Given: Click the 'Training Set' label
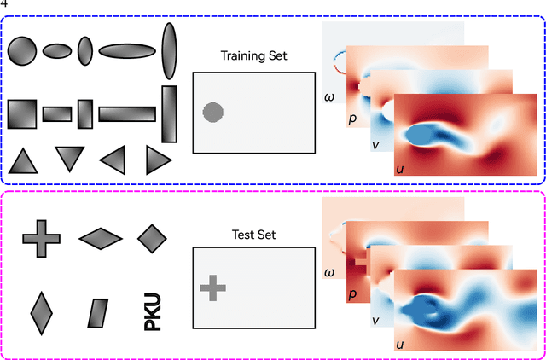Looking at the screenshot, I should pyautogui.click(x=253, y=56).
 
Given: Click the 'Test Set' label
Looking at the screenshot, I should pyautogui.click(x=253, y=235).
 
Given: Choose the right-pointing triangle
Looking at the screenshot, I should pyautogui.click(x=158, y=160).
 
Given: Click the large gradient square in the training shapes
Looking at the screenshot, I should pyautogui.click(x=22, y=113).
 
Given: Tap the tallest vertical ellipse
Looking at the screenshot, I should pyautogui.click(x=169, y=50).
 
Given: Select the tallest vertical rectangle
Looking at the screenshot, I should pyautogui.click(x=168, y=113).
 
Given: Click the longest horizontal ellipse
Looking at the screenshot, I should pyautogui.click(x=127, y=51).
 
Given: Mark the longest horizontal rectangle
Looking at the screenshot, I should pyautogui.click(x=127, y=113).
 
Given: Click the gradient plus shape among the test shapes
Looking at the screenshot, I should pyautogui.click(x=39, y=238).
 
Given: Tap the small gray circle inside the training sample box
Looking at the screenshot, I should pyautogui.click(x=212, y=112).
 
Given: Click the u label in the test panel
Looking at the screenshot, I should pyautogui.click(x=399, y=346).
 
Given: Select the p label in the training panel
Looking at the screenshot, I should pyautogui.click(x=351, y=119).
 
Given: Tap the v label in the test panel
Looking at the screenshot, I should pyautogui.click(x=375, y=321).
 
